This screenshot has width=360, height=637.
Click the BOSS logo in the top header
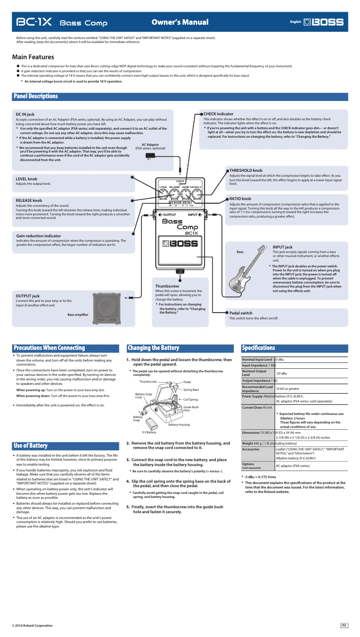pos(324,22)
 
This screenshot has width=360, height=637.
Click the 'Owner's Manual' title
pos(180,22)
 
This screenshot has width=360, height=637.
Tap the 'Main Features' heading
pos(33,57)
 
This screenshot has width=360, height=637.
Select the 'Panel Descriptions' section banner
pos(36,96)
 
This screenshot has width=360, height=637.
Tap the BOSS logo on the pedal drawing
pos(180,244)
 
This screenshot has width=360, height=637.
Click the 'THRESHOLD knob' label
pos(246,170)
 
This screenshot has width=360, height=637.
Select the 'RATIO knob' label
pos(240,199)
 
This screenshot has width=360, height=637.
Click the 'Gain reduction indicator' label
pos(38,236)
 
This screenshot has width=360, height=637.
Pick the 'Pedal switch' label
pos(241,313)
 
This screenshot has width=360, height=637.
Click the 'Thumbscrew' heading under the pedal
pos(167,286)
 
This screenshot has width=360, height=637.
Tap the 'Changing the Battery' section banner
pos(153,348)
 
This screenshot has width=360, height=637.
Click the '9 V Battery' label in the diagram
pos(149,432)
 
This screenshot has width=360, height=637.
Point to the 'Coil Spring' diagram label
pos(190,399)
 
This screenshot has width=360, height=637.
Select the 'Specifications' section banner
pos(258,348)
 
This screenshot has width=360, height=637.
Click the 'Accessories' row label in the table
pos(250,449)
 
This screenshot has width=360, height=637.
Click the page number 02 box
pos(344,625)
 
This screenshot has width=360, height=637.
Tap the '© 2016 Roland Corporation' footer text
pos(32,625)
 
